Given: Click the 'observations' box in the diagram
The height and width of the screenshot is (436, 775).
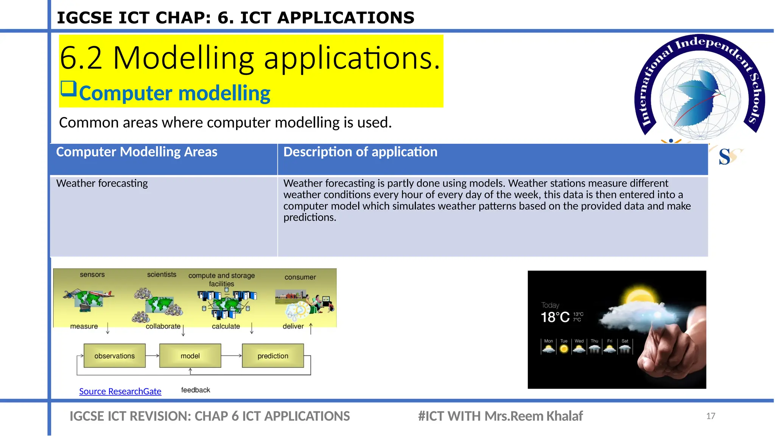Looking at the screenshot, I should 114,356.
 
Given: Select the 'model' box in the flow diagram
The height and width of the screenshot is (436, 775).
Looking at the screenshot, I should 190,356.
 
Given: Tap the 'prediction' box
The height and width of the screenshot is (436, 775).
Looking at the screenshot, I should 273,356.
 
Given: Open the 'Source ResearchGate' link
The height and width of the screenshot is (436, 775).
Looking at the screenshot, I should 120,391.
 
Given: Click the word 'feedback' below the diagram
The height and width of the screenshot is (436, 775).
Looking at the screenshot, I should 195,390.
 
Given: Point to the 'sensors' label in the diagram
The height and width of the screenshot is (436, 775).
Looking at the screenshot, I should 92,275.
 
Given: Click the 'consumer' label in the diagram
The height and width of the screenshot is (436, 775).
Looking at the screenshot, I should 300,277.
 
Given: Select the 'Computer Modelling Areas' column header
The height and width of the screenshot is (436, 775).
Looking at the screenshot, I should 137,152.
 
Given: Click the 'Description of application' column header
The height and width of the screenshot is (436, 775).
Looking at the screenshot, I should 360,152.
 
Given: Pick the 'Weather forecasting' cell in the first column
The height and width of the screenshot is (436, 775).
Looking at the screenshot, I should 102,184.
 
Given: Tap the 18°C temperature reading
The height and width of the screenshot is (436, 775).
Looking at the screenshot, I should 555,317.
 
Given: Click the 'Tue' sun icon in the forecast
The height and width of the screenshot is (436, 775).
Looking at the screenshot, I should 564,349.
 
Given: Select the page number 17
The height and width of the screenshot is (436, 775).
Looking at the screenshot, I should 710,416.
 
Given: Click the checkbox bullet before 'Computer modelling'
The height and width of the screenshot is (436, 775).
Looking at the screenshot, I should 68,89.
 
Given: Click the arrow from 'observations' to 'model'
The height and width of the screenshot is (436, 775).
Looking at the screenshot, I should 152,356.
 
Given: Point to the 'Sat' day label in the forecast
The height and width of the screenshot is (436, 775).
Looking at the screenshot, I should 625,341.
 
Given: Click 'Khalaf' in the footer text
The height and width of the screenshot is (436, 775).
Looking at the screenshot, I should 565,416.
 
